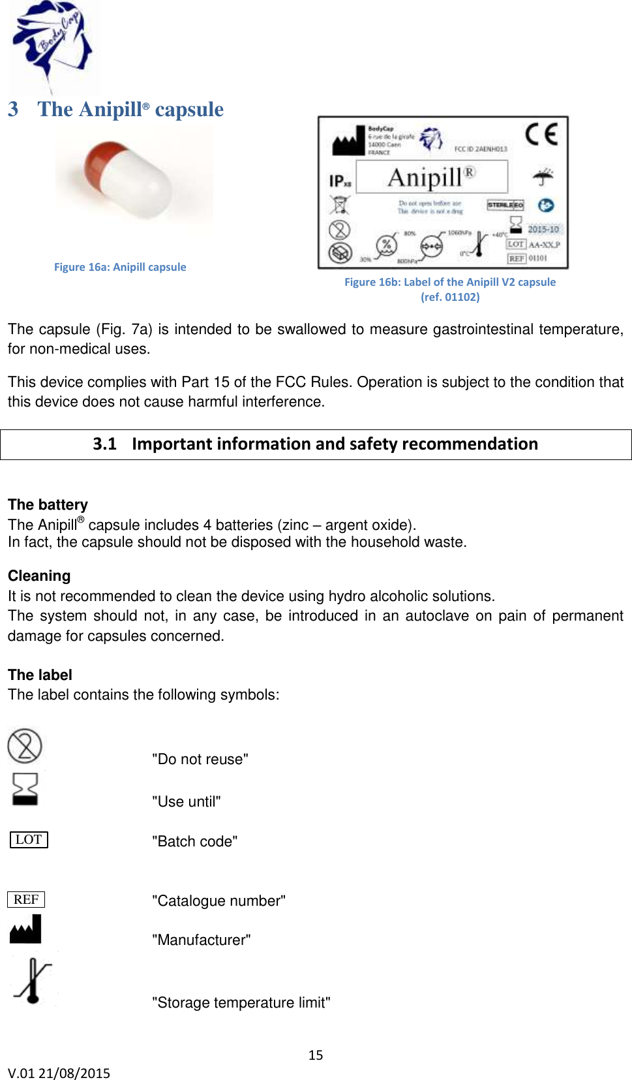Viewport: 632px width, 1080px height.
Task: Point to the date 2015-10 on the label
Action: [543, 229]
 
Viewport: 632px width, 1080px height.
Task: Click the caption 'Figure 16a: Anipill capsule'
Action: [120, 267]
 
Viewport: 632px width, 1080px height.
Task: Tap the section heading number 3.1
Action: [104, 444]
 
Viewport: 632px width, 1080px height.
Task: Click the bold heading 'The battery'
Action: [48, 504]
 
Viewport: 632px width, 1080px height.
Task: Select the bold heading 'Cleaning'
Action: [39, 576]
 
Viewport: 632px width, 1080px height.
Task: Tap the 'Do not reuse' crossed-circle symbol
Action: [25, 746]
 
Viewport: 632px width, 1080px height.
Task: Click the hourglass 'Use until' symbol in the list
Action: [25, 788]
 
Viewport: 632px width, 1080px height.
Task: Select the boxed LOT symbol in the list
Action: [29, 840]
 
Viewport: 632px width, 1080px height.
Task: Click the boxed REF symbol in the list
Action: [26, 899]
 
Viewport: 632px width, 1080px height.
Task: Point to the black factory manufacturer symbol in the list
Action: [25, 930]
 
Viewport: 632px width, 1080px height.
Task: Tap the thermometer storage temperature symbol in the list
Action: [33, 981]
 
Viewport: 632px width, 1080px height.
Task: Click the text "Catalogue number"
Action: [218, 901]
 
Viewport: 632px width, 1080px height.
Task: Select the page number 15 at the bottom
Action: [316, 1055]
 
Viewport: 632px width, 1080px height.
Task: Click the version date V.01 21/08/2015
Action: [59, 1073]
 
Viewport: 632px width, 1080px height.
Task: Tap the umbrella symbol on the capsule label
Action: [543, 176]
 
